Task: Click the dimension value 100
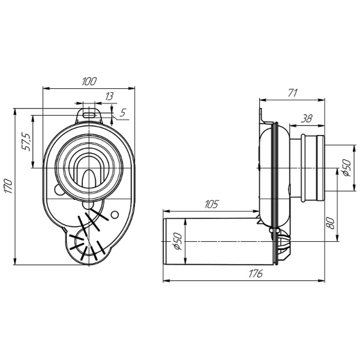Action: [89, 81]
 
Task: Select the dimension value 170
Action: [9, 186]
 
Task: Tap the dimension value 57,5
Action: [26, 142]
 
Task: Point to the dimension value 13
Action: [109, 97]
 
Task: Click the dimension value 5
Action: [123, 113]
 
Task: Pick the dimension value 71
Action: [293, 93]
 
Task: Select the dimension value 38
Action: [307, 119]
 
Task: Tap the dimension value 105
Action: [211, 204]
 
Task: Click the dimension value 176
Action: [256, 274]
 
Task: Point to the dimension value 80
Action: [331, 223]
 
